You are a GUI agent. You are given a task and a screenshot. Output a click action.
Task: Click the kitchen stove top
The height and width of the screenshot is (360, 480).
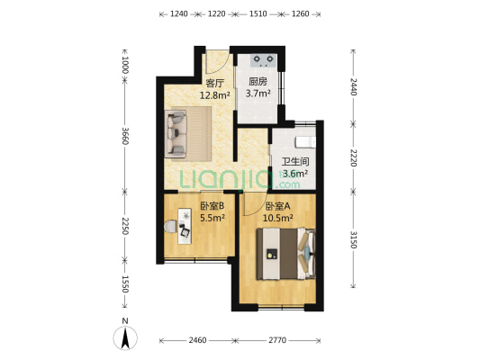pos(263,61)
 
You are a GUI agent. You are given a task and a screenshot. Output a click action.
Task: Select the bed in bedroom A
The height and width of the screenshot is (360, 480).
pos(285,254)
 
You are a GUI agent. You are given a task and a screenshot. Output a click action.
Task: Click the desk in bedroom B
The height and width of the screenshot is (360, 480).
pos(185,226)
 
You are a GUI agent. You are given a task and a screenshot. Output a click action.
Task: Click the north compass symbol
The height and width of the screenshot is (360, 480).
pos(125,337)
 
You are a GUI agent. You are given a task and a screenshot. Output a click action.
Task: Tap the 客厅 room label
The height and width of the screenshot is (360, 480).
pos(214,83)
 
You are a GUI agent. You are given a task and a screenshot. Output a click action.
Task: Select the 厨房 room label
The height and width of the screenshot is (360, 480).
pos(258,82)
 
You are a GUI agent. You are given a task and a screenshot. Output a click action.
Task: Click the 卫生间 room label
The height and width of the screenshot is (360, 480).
pos(295,162)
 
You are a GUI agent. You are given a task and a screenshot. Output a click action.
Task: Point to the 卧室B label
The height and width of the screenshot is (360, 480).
pos(213,206)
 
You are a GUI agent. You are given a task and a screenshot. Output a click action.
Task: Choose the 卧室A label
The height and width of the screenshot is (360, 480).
pos(277,206)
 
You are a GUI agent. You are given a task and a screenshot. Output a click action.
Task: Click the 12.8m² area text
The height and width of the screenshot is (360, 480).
pos(214,95)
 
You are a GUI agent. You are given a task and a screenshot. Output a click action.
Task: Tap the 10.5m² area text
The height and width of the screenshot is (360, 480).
pos(278,218)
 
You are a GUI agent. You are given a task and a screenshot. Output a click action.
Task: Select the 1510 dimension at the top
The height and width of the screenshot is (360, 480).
pos(258,13)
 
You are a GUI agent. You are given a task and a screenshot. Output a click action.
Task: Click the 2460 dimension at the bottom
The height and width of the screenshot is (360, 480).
pos(197,340)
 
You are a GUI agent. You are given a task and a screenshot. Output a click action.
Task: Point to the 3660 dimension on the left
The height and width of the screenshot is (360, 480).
pos(125,136)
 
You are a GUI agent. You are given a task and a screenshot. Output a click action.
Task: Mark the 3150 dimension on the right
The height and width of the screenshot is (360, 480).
pos(353,239)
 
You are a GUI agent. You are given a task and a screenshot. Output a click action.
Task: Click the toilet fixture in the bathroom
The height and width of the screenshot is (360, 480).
pos(305,142)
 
